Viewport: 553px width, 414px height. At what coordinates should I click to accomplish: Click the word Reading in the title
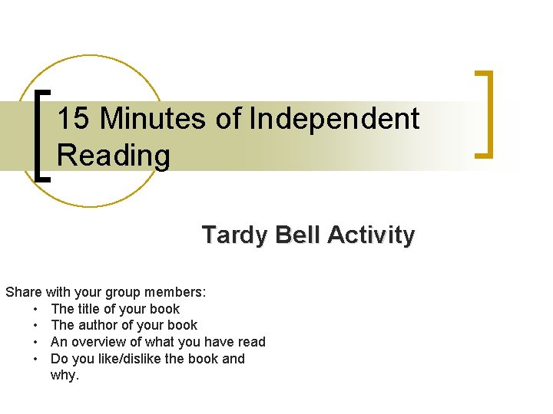pyautogui.click(x=114, y=156)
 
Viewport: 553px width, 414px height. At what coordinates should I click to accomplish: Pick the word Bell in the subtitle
pyautogui.click(x=297, y=235)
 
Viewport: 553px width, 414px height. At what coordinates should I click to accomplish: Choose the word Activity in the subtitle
pyautogui.click(x=370, y=235)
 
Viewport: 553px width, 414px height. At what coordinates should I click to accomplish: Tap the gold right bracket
pyautogui.click(x=485, y=114)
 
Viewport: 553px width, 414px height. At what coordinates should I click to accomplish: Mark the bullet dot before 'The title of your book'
pyautogui.click(x=36, y=309)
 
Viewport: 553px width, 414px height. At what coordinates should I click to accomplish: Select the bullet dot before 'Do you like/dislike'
pyautogui.click(x=36, y=359)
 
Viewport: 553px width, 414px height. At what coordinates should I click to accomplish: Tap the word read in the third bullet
pyautogui.click(x=250, y=342)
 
